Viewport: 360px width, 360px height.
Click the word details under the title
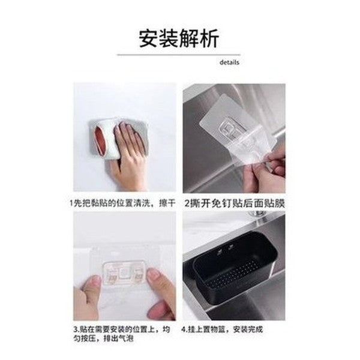[x=229, y=62]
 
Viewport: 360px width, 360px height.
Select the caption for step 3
[x=123, y=334]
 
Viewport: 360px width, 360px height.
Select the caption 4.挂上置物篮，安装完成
[x=224, y=329]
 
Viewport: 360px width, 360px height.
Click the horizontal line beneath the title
[x=178, y=55]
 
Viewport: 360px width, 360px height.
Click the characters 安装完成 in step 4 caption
[x=248, y=329]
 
